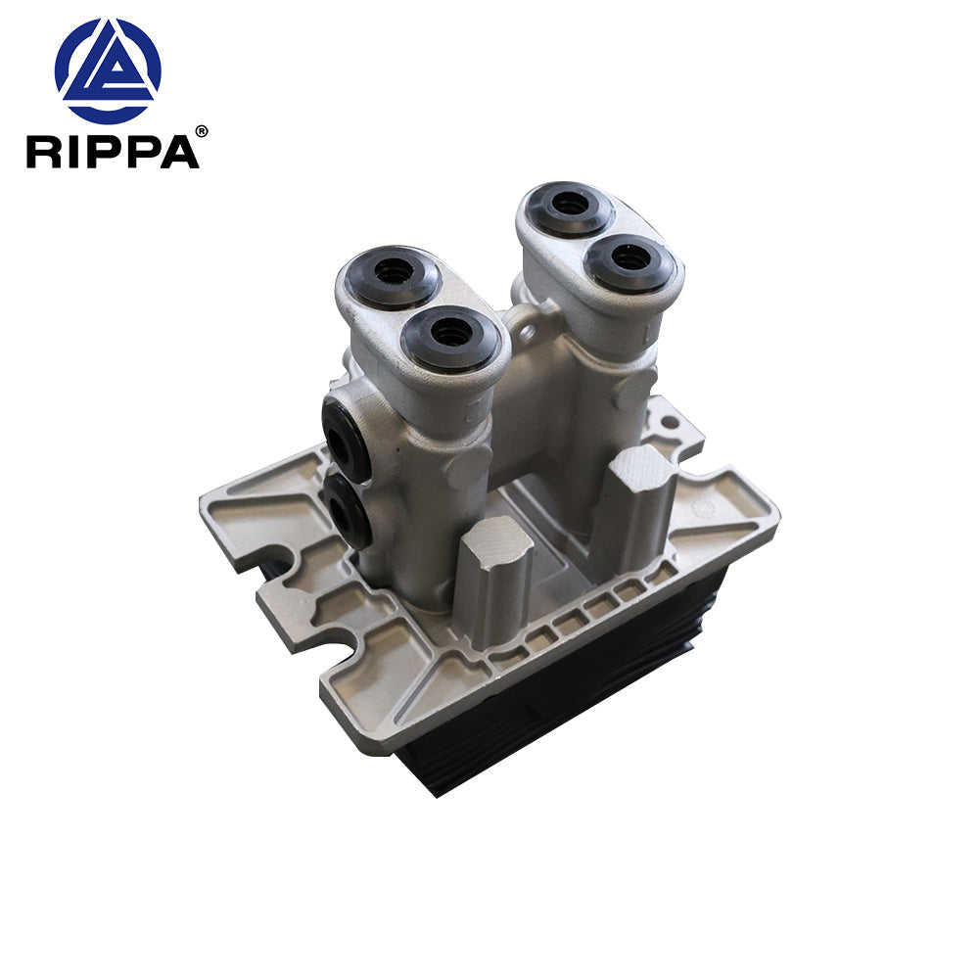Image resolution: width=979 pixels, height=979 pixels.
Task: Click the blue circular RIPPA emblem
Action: click(108, 70)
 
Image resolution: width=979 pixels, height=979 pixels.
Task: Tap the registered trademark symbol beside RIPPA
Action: click(202, 130)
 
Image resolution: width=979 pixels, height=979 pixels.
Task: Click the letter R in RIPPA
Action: click(45, 153)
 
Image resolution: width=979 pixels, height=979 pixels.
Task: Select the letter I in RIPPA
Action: click(77, 153)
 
